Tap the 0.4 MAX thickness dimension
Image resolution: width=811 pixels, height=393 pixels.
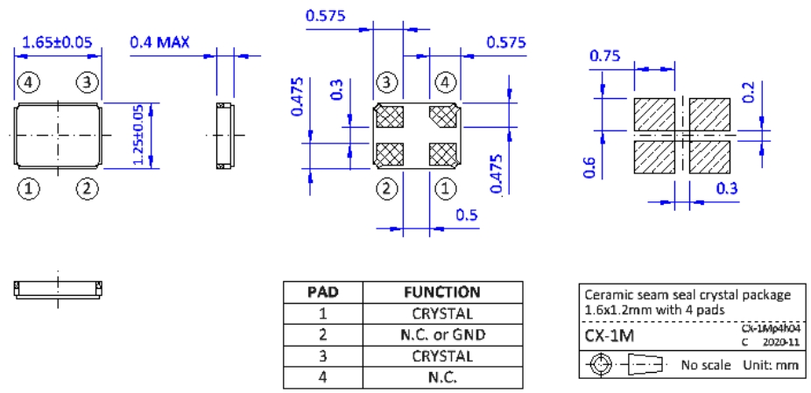160,41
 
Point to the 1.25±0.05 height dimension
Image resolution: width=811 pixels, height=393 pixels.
138,135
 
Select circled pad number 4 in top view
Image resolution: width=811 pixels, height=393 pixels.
29,83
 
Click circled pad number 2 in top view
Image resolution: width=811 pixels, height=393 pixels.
87,188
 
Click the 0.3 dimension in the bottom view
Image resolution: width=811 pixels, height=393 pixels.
335,90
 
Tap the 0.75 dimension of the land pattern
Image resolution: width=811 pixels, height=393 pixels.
605,56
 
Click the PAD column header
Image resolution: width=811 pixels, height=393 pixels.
322,292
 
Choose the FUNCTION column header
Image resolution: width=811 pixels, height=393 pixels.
441,292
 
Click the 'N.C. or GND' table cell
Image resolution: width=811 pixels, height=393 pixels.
441,335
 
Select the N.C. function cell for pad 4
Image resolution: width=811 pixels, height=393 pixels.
441,378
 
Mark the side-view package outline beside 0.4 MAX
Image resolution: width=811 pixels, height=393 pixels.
224,135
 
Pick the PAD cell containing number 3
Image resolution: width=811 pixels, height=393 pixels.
322,357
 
